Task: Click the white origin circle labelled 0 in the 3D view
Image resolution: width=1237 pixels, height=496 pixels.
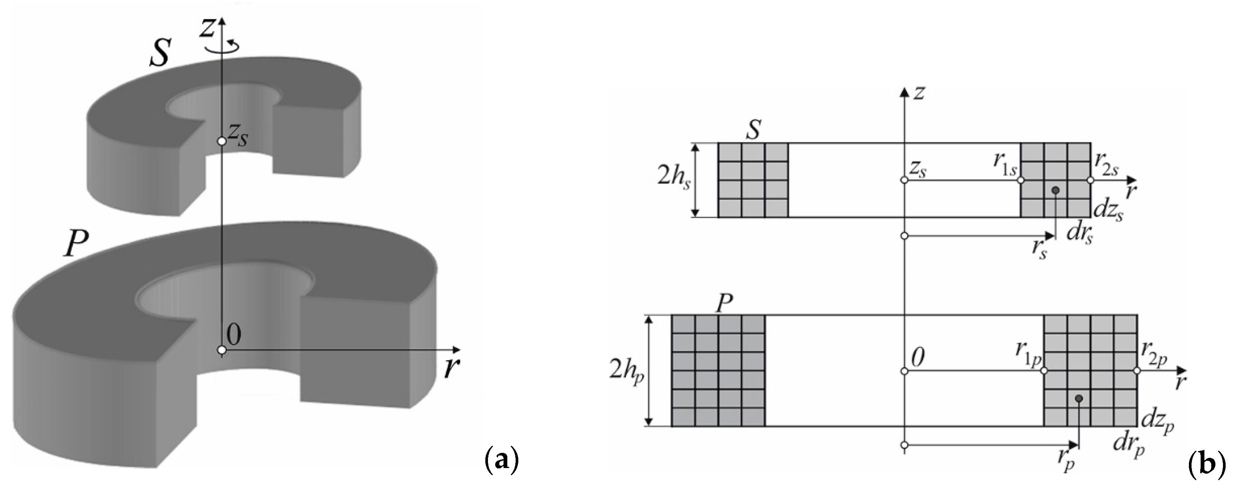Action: pyautogui.click(x=221, y=351)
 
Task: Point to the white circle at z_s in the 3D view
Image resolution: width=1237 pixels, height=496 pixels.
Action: pyautogui.click(x=221, y=141)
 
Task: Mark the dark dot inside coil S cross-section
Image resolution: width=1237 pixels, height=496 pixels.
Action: pyautogui.click(x=1055, y=190)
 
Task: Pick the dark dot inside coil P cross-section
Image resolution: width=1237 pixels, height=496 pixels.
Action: pyautogui.click(x=1079, y=399)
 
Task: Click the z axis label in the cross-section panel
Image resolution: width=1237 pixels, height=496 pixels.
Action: pyautogui.click(x=919, y=92)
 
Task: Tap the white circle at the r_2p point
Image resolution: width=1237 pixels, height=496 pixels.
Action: pyautogui.click(x=1137, y=371)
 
